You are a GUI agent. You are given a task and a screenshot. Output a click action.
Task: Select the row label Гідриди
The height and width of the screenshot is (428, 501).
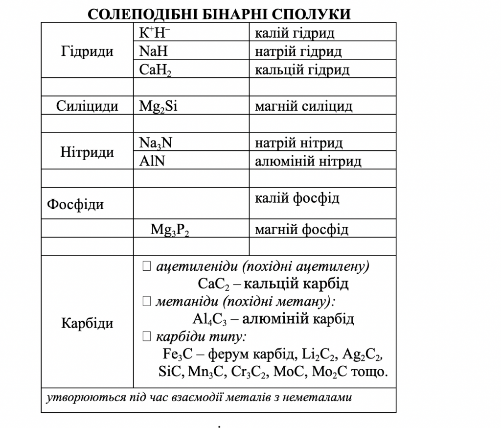(87, 51)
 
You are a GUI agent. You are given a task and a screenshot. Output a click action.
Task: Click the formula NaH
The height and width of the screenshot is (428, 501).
(153, 51)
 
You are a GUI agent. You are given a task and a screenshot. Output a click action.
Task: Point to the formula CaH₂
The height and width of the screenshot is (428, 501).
(155, 70)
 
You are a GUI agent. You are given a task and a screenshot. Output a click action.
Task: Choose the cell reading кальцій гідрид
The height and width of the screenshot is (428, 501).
(302, 70)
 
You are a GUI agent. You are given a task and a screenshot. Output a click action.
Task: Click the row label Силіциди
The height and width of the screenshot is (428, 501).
(87, 106)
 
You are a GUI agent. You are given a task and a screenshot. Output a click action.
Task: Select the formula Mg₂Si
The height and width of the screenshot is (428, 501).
(158, 106)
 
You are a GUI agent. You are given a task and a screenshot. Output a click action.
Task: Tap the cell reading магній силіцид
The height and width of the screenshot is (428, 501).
(303, 106)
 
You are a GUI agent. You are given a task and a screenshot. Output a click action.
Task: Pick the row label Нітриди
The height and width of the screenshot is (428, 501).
(87, 152)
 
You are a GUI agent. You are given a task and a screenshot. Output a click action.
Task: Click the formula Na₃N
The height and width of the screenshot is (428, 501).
(156, 143)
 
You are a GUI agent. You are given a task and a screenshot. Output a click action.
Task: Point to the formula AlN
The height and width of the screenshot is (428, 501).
(152, 161)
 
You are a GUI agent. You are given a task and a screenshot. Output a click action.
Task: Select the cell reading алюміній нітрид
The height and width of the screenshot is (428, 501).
(308, 161)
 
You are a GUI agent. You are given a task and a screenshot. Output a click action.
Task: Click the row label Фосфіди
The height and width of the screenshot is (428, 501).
(75, 204)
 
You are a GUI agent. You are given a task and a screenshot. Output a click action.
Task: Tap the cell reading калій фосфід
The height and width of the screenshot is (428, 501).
(297, 198)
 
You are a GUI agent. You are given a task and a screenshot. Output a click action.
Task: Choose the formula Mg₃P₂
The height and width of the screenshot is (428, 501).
(170, 230)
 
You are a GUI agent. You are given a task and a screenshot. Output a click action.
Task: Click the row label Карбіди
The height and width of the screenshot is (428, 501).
(87, 323)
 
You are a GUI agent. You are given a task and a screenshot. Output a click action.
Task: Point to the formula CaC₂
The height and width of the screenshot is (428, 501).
(213, 284)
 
